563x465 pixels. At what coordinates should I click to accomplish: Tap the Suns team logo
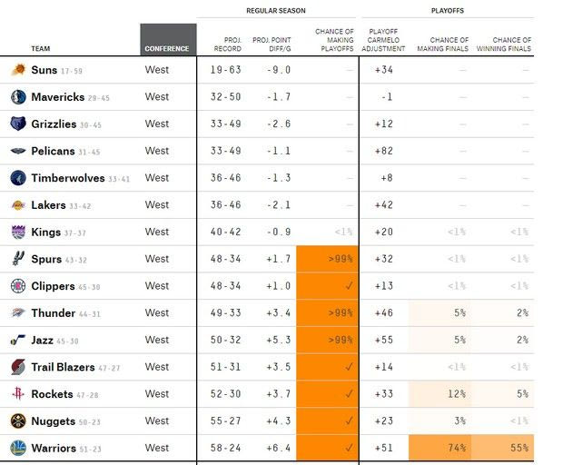(18, 70)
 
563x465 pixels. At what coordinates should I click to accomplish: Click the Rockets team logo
(18, 394)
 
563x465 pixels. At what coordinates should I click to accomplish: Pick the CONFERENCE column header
(168, 48)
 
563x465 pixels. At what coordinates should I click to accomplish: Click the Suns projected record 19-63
(227, 70)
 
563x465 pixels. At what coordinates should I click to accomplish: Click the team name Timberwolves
(68, 178)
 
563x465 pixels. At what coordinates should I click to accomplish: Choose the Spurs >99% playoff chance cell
(326, 259)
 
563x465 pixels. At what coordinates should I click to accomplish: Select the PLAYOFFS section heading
(447, 10)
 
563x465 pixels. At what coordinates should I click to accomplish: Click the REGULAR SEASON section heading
(275, 10)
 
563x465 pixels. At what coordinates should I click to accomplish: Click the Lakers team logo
(18, 205)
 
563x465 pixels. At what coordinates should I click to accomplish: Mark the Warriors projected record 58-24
(227, 448)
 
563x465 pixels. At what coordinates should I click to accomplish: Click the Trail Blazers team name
(63, 367)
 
